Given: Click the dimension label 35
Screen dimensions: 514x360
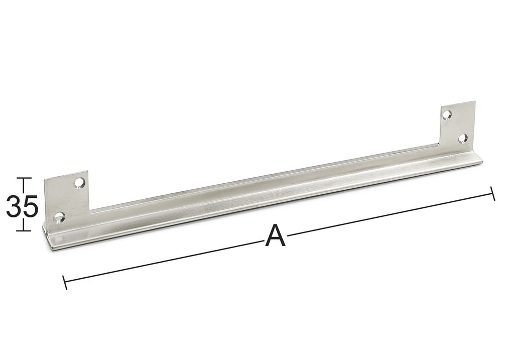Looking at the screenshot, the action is point(22,206).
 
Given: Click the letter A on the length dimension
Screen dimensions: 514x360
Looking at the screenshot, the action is point(275,235).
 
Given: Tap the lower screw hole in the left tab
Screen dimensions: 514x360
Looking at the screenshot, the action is point(59,217).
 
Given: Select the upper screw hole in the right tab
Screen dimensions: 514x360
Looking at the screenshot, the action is point(447,114).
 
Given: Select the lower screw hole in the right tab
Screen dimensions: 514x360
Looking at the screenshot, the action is point(462,138).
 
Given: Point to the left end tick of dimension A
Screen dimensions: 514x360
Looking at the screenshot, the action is point(65,282).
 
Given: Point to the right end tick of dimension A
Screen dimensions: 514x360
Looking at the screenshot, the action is point(492,193).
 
